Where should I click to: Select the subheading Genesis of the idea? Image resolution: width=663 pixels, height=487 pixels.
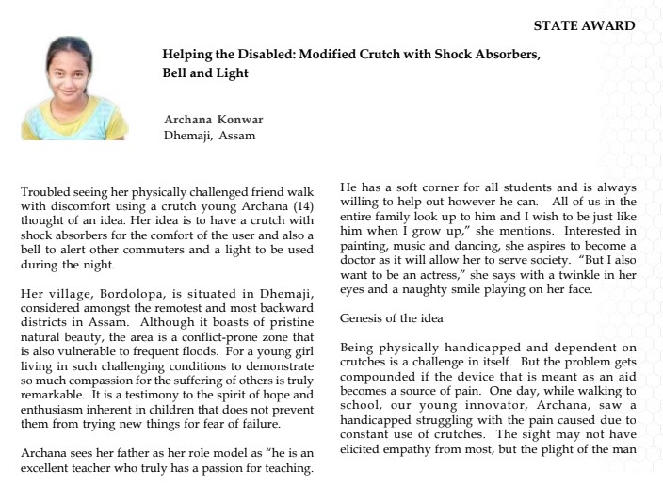(389, 319)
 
